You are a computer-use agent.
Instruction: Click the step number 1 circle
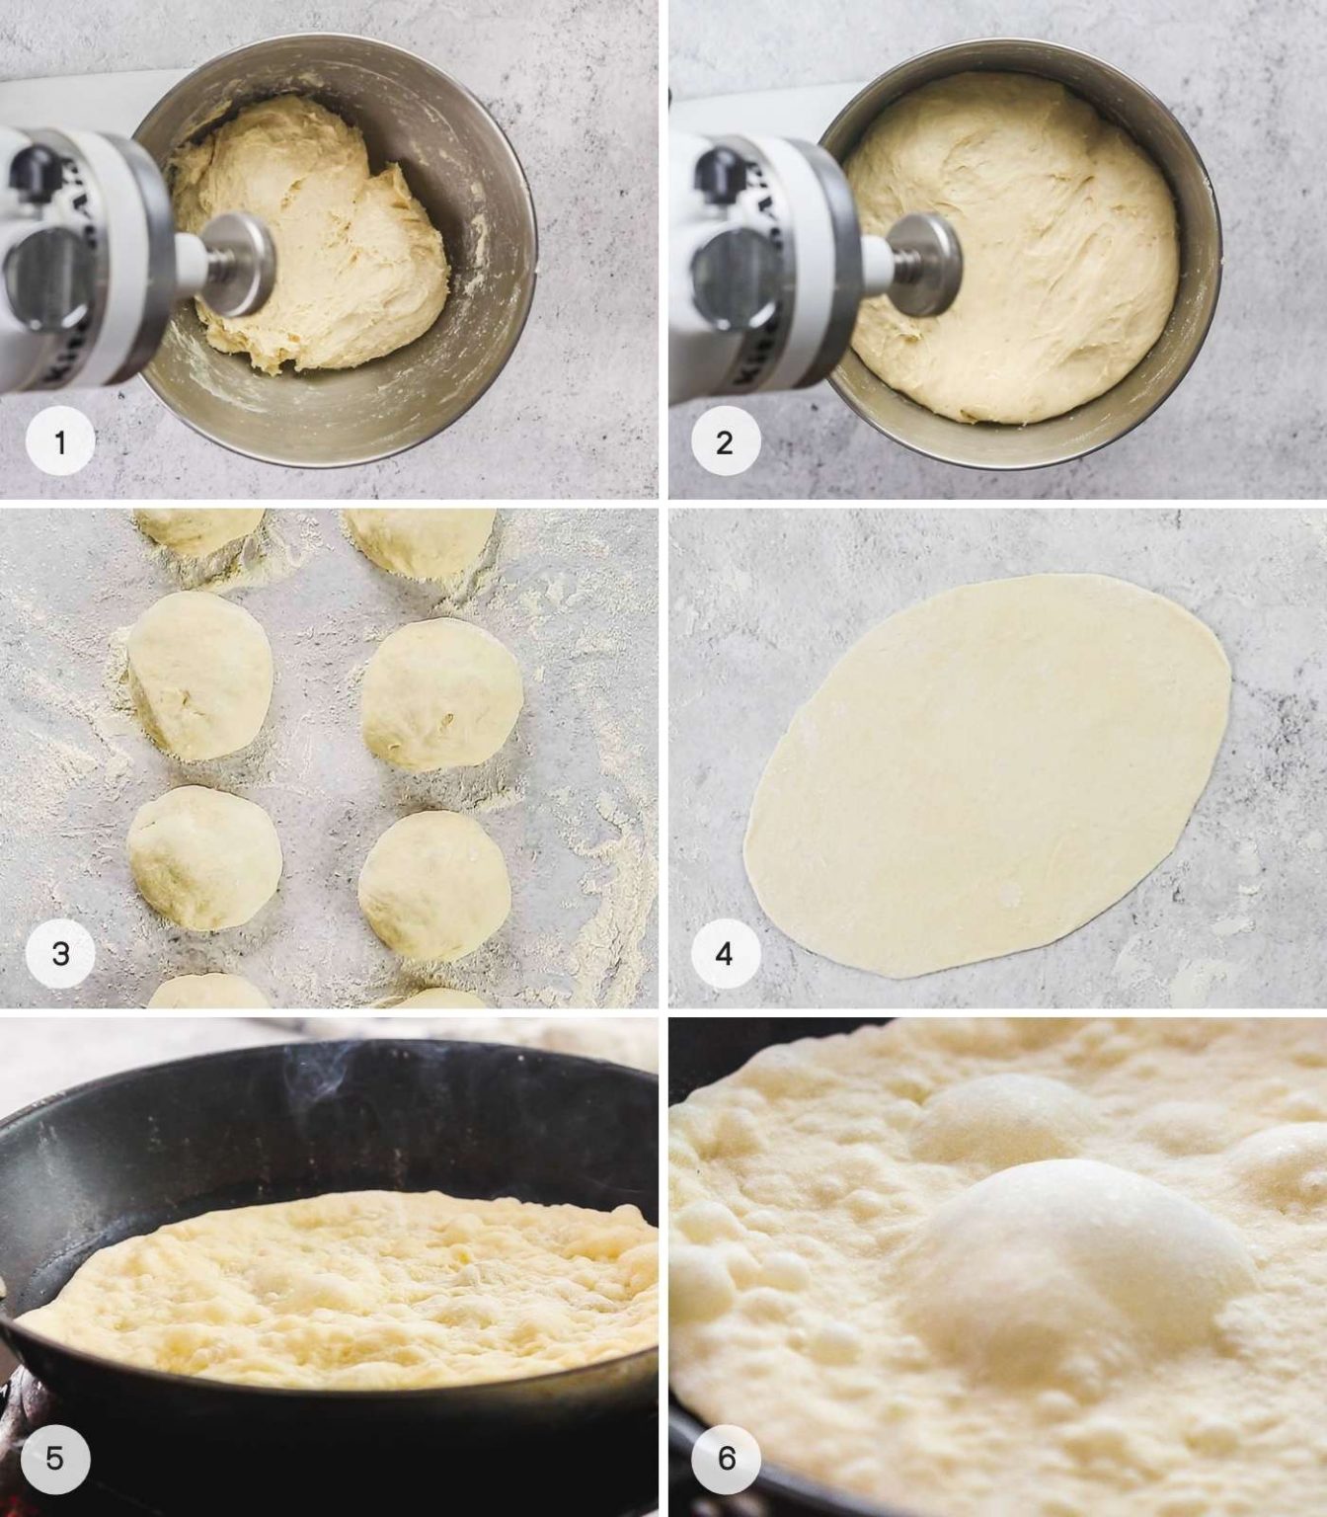[60, 442]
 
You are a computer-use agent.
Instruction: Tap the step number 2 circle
[724, 442]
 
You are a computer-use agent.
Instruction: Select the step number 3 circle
[60, 953]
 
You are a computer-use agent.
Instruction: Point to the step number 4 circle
[724, 953]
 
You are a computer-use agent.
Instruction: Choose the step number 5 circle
[54, 1458]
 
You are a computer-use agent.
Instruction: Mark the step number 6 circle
[727, 1458]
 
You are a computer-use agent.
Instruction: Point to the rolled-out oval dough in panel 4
[987, 775]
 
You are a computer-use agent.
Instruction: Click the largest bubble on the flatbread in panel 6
[1076, 1254]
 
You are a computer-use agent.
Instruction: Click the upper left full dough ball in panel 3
[200, 675]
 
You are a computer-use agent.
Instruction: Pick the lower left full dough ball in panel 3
[204, 857]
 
